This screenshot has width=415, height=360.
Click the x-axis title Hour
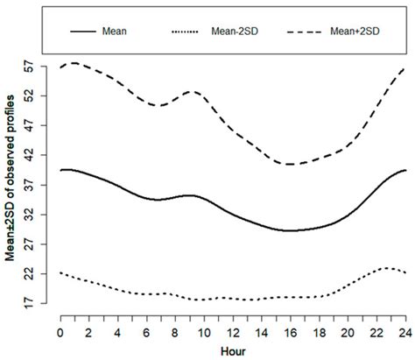pyautogui.click(x=231, y=350)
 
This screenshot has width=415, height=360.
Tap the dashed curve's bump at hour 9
pyautogui.click(x=188, y=92)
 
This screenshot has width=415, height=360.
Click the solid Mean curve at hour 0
pyautogui.click(x=60, y=170)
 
